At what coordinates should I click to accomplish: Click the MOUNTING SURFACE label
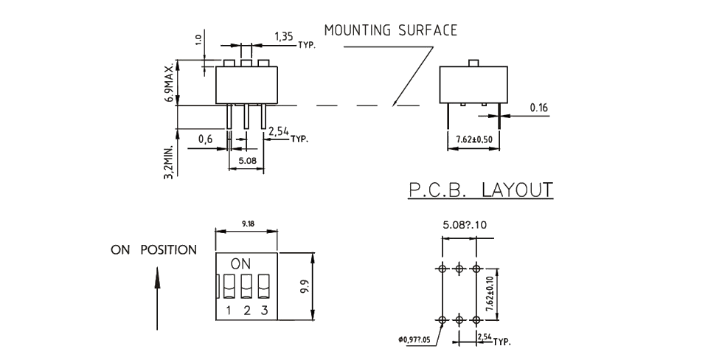tap(391, 30)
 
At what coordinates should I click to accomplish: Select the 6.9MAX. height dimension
tap(170, 81)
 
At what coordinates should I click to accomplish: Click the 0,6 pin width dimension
tap(206, 137)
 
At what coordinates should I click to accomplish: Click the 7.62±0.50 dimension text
tap(473, 138)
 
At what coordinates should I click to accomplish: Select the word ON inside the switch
tap(240, 263)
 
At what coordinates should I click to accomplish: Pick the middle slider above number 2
tap(246, 285)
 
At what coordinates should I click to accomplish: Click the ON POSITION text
tap(154, 249)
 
